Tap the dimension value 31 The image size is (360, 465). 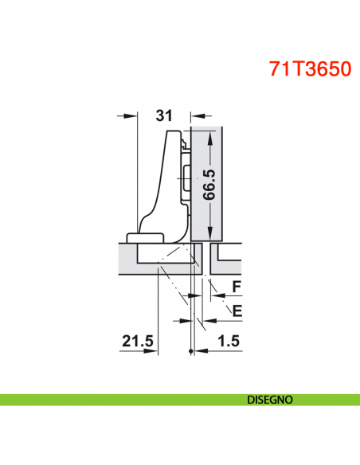[x=164, y=115]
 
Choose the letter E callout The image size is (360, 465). [x=236, y=309]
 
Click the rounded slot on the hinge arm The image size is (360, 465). [x=186, y=180]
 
